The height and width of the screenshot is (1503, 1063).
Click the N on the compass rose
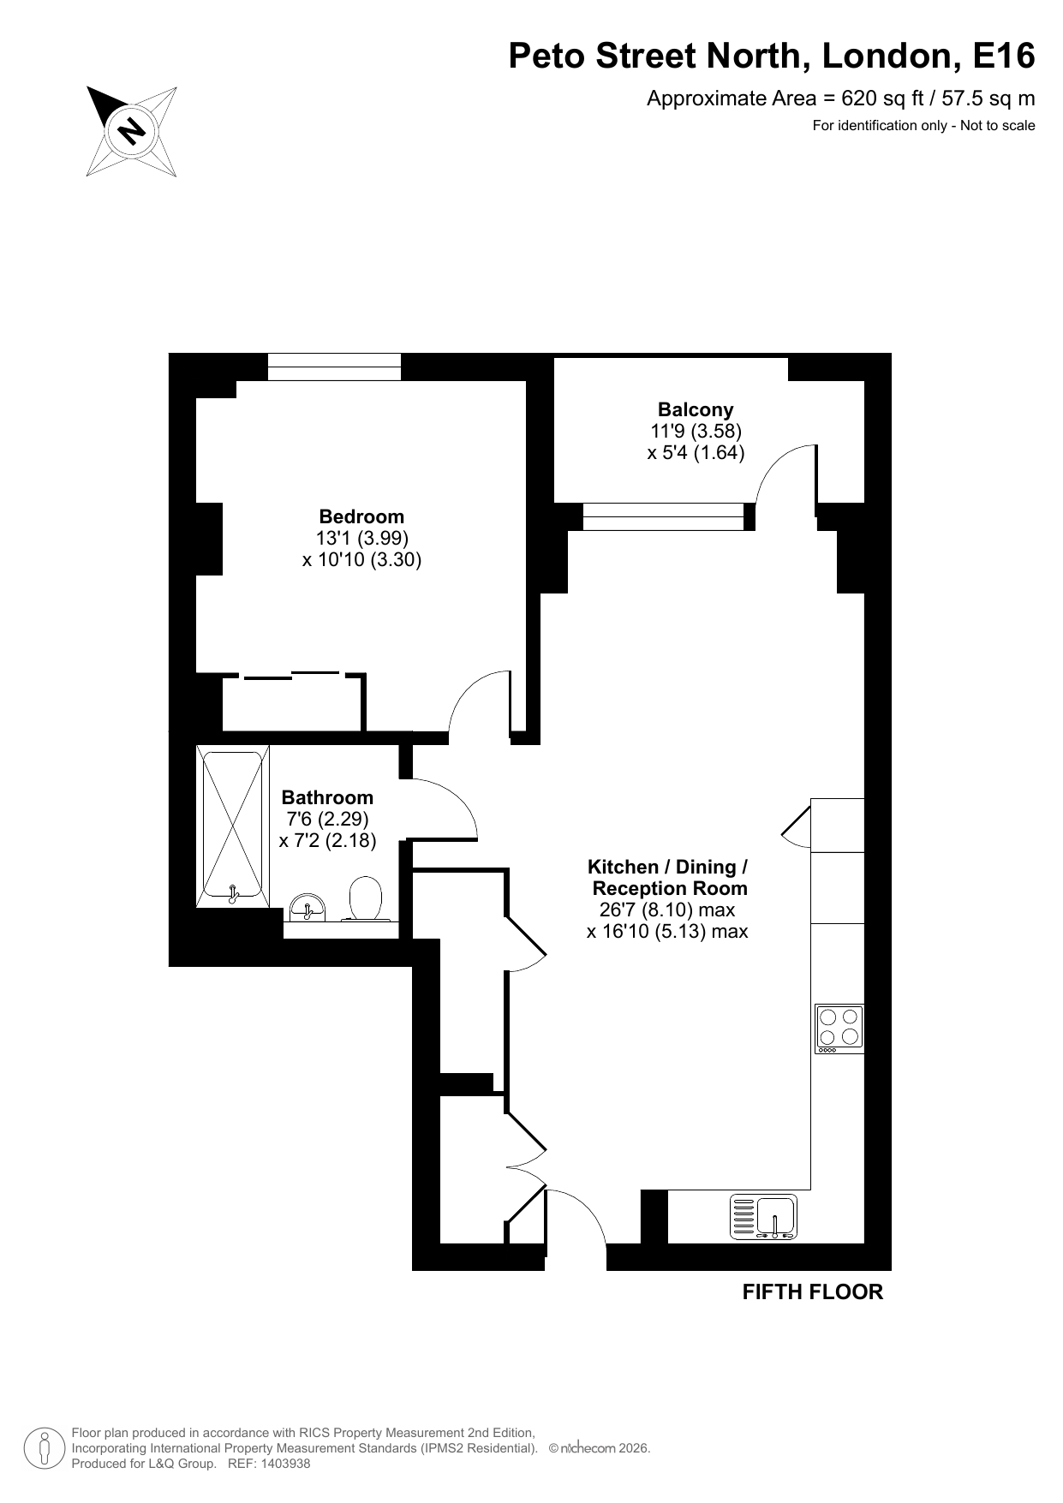pyautogui.click(x=131, y=130)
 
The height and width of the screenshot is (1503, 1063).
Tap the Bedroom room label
pyautogui.click(x=361, y=516)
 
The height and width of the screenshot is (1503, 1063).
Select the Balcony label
pyautogui.click(x=696, y=409)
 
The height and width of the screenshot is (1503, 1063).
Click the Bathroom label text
pyautogui.click(x=327, y=797)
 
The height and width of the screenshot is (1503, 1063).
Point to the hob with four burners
pyautogui.click(x=839, y=1029)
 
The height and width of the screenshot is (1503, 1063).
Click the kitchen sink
pyautogui.click(x=763, y=1217)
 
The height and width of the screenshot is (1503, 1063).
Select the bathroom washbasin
pyautogui.click(x=307, y=907)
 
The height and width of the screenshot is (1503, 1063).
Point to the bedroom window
pyautogui.click(x=334, y=367)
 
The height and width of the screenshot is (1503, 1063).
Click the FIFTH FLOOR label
pyautogui.click(x=812, y=1291)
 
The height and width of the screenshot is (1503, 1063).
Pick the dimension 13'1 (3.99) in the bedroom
pyautogui.click(x=361, y=538)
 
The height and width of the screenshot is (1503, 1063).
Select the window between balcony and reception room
pyautogui.click(x=664, y=517)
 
